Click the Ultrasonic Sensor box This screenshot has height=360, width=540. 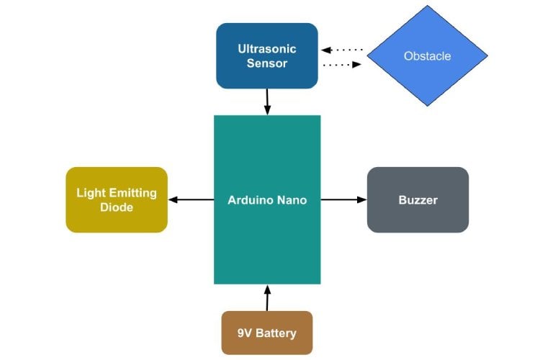(266, 55)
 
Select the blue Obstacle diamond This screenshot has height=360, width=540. (428, 55)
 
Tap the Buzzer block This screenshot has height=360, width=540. (418, 199)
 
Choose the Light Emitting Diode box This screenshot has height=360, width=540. (117, 199)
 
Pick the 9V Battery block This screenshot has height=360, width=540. (266, 333)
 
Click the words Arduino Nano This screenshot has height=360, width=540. (267, 200)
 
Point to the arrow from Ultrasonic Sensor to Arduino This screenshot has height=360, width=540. (267, 102)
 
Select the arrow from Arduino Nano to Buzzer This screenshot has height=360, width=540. (343, 199)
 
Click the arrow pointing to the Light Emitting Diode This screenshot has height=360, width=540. (191, 199)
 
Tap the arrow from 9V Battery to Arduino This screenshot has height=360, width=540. (267, 297)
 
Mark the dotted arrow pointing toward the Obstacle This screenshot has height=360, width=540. (341, 65)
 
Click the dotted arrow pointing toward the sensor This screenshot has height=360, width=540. (341, 50)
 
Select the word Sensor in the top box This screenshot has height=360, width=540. (267, 63)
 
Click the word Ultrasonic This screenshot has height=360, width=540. (267, 49)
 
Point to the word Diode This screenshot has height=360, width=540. (117, 207)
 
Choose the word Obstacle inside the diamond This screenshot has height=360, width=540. (428, 55)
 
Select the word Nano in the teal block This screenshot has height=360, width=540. (292, 200)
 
